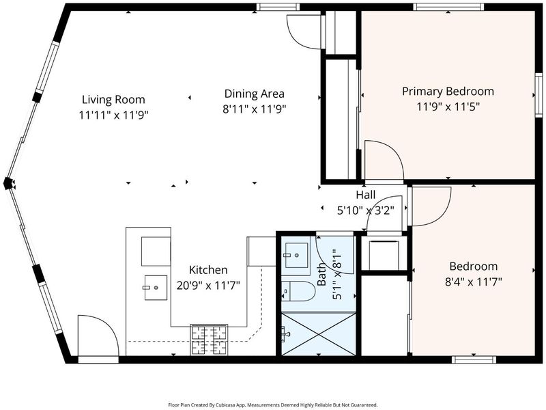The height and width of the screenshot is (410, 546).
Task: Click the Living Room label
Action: coord(113,100)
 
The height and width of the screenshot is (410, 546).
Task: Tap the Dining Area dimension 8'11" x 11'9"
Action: coord(254,109)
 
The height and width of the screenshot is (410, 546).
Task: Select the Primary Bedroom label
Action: coord(448,92)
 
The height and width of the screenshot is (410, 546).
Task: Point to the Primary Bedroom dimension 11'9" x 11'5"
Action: coord(448,107)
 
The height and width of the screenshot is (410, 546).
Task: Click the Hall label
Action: coord(366,195)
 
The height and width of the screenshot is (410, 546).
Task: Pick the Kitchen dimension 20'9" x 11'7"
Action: coord(208,286)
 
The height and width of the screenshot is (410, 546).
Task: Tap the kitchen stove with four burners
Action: coord(209,340)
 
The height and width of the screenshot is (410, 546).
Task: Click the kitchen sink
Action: coord(156,287)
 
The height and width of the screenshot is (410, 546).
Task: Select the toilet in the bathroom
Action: coord(298,291)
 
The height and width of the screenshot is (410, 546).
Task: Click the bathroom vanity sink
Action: coord(296,255)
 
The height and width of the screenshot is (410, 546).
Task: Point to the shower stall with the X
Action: coord(318,334)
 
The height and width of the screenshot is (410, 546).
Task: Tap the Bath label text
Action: coord(321,275)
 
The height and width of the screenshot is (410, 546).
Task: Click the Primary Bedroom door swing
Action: coord(384,161)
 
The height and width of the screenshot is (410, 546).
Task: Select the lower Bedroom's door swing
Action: coord(431,206)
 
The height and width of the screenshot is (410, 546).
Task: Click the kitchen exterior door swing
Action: coord(98,336)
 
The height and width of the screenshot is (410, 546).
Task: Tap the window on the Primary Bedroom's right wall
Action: coord(538,95)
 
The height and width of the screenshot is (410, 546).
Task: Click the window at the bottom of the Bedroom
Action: coord(474,360)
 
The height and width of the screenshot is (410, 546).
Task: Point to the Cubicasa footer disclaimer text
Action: coord(272,405)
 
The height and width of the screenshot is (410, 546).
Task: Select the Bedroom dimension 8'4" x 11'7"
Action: coord(474,282)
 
